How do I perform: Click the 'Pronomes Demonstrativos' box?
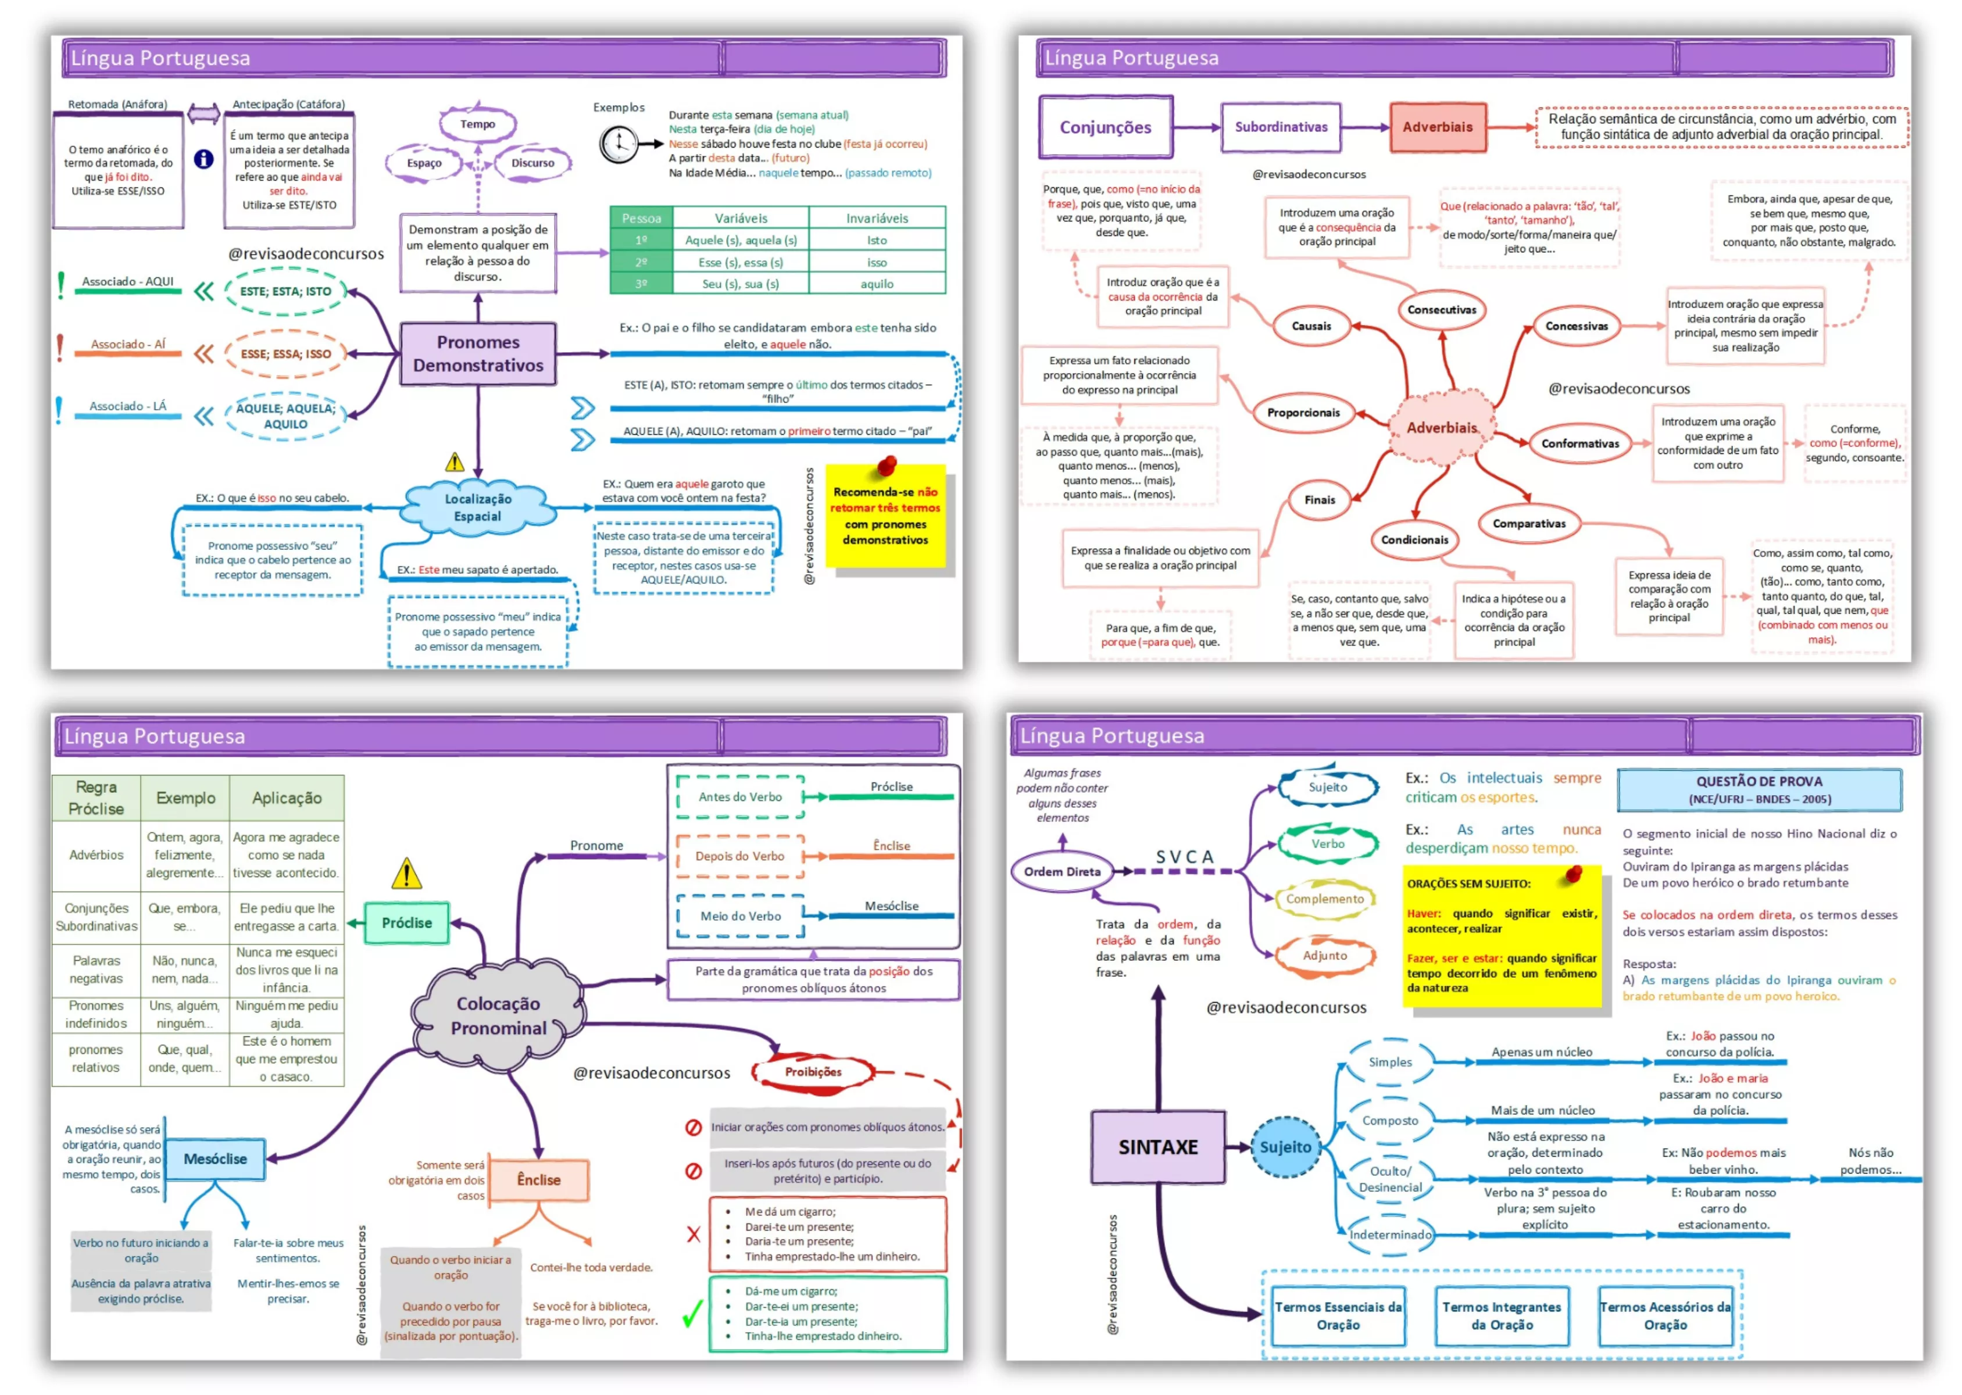[x=478, y=353]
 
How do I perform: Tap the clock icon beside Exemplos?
[x=617, y=144]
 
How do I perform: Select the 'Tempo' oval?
[x=478, y=124]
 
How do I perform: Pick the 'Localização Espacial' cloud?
[x=478, y=507]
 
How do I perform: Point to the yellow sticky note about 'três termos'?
[x=885, y=516]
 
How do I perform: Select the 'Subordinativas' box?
[x=1280, y=127]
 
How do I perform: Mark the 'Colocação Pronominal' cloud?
[x=498, y=1015]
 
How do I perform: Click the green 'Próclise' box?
[x=406, y=922]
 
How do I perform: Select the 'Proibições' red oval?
[x=813, y=1071]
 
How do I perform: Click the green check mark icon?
[x=692, y=1312]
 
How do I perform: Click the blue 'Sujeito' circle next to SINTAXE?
[x=1285, y=1147]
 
